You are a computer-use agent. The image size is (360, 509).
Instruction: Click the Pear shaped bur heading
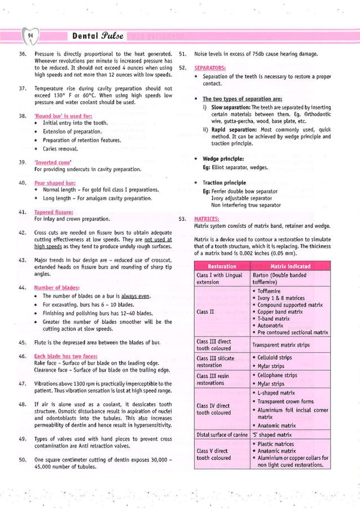tap(55, 183)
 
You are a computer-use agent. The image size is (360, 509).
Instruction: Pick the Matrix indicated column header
tap(297, 266)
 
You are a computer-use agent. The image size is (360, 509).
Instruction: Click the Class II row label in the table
tap(204, 311)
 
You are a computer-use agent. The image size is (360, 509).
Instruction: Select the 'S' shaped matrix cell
tap(271, 435)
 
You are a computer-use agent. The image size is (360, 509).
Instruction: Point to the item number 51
tap(183, 54)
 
